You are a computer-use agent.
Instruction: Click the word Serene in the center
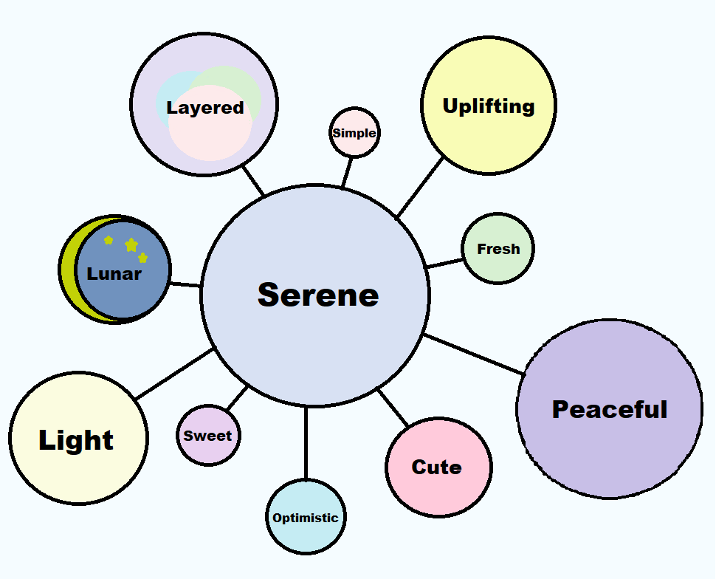[318, 295]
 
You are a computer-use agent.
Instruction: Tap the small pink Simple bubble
[354, 133]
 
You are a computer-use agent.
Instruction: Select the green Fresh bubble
[498, 249]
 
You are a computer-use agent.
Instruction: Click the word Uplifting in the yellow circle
[489, 106]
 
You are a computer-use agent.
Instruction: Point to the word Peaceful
[610, 409]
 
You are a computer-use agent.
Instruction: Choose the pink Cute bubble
[438, 467]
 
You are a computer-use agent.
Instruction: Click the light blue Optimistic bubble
[306, 518]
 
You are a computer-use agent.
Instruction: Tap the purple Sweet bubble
[208, 436]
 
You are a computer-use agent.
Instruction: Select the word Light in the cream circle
[76, 440]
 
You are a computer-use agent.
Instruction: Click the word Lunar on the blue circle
[114, 274]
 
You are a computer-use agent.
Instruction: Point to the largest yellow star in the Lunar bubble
[131, 244]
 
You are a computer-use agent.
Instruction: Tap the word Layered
[205, 108]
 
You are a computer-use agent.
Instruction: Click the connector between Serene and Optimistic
[306, 443]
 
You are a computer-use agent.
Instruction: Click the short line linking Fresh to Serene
[444, 262]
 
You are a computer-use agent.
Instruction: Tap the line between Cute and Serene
[393, 407]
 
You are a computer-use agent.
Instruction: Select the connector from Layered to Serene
[253, 179]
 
